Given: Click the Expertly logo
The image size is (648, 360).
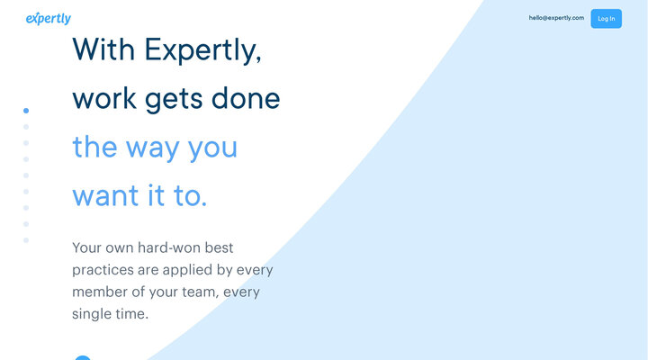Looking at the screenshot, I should (49, 18).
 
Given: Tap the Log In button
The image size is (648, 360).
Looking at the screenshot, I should (606, 18).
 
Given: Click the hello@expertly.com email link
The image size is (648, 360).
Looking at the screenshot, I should (556, 18).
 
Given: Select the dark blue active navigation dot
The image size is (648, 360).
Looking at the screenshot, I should (26, 110).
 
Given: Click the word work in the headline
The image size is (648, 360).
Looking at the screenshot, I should (102, 98).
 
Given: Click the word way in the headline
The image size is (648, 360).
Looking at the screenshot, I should (152, 148).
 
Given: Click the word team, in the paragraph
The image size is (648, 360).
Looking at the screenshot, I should (197, 292).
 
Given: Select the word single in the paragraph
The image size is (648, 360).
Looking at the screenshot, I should (92, 315).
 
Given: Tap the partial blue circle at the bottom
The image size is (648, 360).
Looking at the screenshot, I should (82, 357).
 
